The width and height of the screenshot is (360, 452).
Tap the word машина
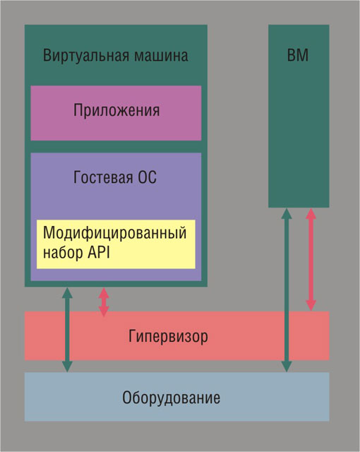(161, 56)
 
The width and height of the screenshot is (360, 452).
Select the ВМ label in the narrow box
(298, 55)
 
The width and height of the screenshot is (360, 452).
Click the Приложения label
(116, 110)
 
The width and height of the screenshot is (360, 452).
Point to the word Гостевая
(103, 177)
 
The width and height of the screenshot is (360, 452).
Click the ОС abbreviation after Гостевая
(147, 177)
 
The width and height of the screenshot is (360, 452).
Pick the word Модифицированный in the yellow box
(114, 233)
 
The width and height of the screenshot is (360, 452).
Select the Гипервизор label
(168, 336)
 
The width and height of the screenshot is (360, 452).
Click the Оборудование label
(171, 398)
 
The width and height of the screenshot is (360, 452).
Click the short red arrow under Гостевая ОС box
(104, 302)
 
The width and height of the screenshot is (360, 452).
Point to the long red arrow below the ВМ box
(311, 259)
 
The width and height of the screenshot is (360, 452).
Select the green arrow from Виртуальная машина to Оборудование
(67, 330)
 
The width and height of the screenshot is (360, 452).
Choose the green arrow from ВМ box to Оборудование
(287, 290)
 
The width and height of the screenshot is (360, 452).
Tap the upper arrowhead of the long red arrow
(311, 213)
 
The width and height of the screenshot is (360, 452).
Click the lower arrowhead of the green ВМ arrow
(287, 367)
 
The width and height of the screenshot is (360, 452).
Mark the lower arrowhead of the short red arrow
(104, 311)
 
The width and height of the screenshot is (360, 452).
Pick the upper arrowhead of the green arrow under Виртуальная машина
(67, 292)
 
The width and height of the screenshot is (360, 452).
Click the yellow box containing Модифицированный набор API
(116, 244)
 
